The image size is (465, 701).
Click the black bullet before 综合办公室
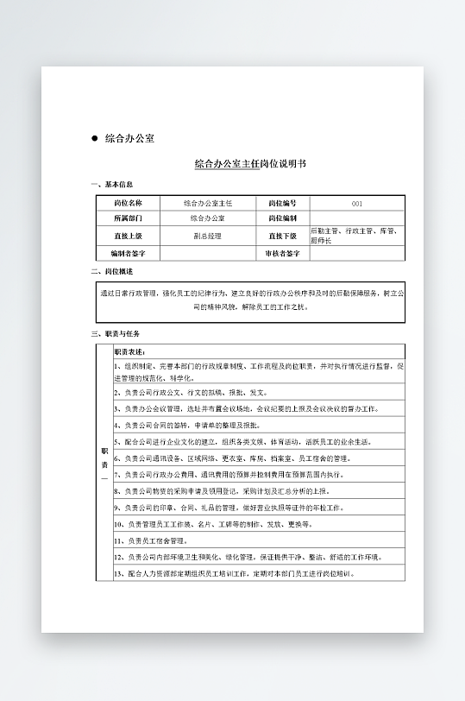click(95, 138)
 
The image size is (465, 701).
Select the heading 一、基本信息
click(112, 185)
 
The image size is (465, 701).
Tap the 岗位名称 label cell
click(128, 203)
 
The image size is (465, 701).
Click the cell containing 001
click(357, 204)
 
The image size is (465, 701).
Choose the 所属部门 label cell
click(128, 218)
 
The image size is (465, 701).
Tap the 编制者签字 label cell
click(128, 254)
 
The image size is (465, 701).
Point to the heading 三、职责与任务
click(116, 333)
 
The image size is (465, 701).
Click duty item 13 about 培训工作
click(233, 573)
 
